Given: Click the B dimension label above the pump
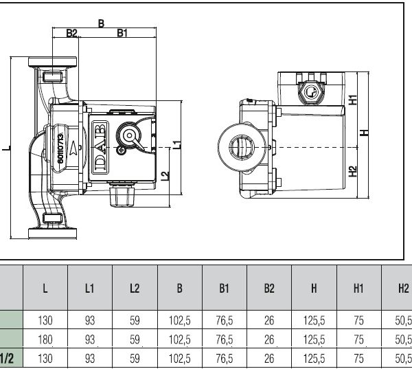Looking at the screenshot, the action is pyautogui.click(x=101, y=23).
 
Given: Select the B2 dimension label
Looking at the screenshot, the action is pyautogui.click(x=71, y=33).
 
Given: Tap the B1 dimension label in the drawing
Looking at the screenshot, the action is pyautogui.click(x=122, y=33).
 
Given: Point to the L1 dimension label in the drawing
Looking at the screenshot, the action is pyautogui.click(x=178, y=144).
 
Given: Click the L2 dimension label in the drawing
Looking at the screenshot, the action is pyautogui.click(x=165, y=176).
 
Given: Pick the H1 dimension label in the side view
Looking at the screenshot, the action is pyautogui.click(x=353, y=100).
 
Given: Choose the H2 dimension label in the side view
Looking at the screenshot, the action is pyautogui.click(x=353, y=171).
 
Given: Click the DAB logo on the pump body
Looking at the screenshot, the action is pyautogui.click(x=100, y=147).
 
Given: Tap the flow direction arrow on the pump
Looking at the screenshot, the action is pyautogui.click(x=73, y=148).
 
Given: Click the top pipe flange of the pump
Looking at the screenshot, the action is pyautogui.click(x=53, y=62).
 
